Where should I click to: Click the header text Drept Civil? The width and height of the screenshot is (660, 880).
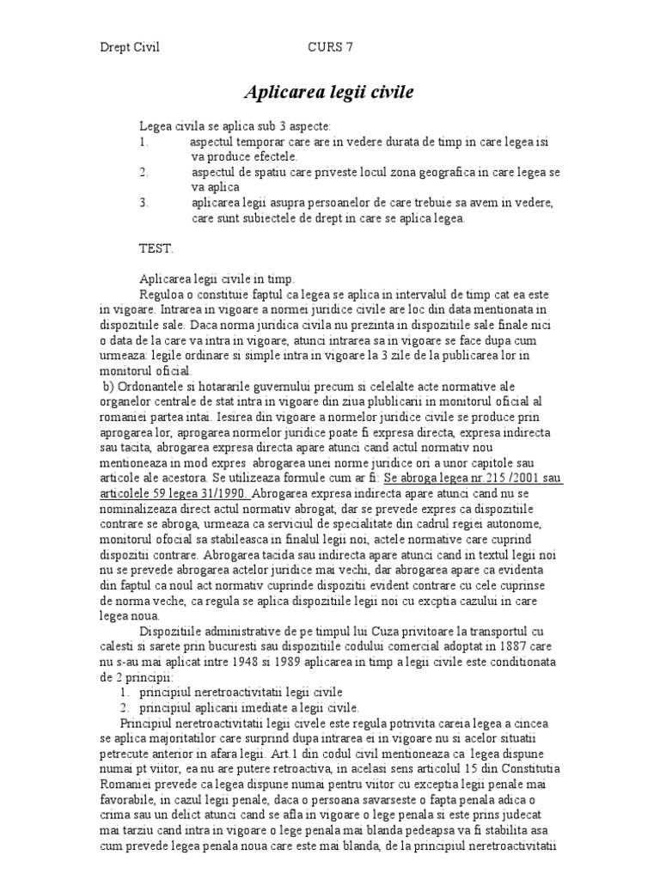(x=131, y=48)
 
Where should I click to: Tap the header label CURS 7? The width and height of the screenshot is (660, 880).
(x=330, y=48)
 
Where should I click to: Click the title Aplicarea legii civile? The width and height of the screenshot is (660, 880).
(x=330, y=91)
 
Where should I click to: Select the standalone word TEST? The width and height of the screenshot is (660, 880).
(x=156, y=248)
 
